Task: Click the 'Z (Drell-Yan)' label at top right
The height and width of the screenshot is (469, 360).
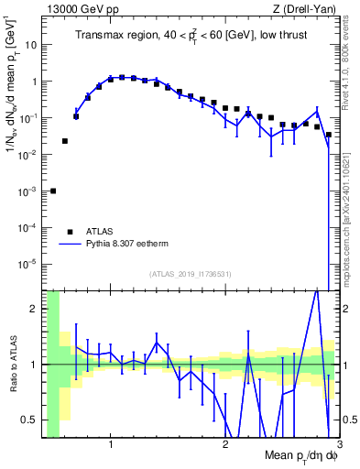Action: point(304,9)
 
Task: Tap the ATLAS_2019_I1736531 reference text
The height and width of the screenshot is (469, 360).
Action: point(191,274)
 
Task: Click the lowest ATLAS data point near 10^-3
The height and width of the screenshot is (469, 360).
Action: point(53,191)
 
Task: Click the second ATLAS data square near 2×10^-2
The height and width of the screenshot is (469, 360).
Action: point(64,141)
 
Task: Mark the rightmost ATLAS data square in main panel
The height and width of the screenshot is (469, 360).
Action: point(329,134)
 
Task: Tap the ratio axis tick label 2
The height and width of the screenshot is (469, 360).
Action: point(35,309)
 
